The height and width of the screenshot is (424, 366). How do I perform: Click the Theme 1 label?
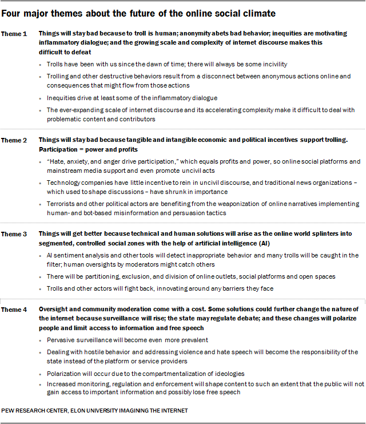[14, 34]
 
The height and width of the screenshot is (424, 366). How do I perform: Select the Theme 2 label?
[14, 140]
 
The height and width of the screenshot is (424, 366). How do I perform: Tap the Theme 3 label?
[14, 233]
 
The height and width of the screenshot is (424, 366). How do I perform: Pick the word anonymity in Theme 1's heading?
[192, 34]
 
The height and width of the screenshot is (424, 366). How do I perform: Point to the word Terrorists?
[61, 204]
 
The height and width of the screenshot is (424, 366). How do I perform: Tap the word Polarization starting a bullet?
[65, 373]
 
